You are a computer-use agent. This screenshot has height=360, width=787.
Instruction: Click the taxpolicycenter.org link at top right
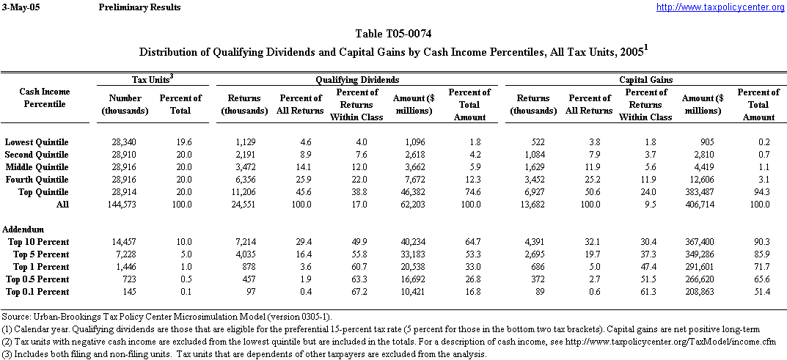pos(720,7)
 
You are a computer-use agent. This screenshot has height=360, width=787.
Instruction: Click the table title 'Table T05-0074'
pos(393,34)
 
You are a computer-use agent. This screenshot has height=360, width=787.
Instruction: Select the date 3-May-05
pos(20,7)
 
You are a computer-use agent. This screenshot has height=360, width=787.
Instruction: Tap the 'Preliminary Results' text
pos(139,7)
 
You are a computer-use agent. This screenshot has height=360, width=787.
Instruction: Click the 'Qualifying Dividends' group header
pos(357,79)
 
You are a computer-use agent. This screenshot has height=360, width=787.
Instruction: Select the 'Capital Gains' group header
pos(646,79)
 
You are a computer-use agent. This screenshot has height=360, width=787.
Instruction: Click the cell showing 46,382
pos(414,192)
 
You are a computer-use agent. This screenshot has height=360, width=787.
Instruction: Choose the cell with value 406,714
pos(703,205)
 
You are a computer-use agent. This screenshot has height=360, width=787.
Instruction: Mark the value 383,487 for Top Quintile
pos(703,192)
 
